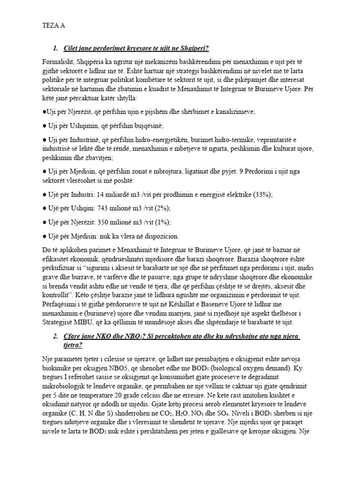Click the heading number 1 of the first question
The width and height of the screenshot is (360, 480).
tap(55, 48)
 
